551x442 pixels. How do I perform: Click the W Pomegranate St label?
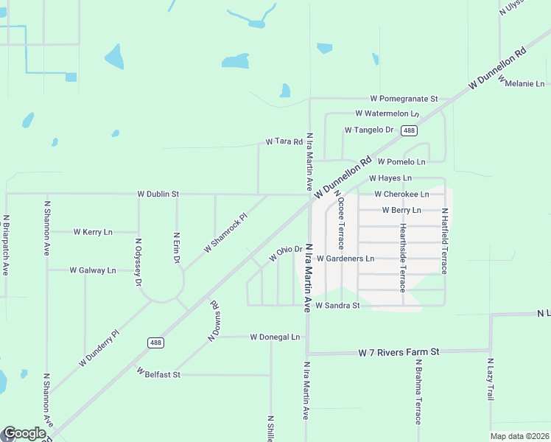tap(404, 98)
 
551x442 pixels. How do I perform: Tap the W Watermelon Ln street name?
tap(387, 113)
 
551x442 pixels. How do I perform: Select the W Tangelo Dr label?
tap(369, 130)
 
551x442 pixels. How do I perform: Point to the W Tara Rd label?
tap(284, 141)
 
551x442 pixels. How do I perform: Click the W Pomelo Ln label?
tap(401, 161)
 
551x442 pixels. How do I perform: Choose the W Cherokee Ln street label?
tap(401, 194)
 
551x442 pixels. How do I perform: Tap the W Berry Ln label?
tap(401, 210)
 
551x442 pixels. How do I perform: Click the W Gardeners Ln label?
tap(345, 259)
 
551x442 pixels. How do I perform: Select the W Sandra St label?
tap(337, 305)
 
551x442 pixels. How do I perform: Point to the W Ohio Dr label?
tap(286, 253)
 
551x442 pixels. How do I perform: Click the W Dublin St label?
tap(158, 194)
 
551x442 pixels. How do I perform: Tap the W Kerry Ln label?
tap(93, 231)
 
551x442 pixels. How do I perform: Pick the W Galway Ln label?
tap(93, 270)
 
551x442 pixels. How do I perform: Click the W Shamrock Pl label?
tap(225, 234)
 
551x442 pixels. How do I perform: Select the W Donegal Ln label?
tap(275, 337)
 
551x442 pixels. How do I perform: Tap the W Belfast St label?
tap(158, 374)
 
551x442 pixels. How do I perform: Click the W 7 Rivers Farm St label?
tap(399, 352)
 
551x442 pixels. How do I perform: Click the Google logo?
tap(24, 434)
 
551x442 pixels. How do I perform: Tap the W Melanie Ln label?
tap(524, 84)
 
